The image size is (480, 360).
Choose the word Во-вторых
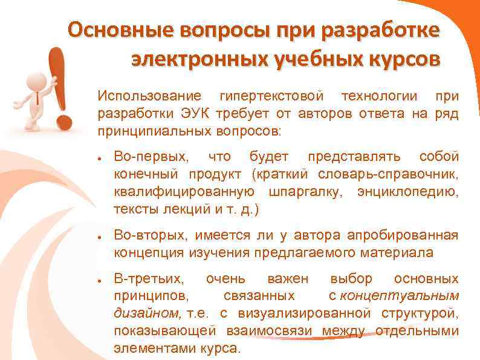(x=151, y=235)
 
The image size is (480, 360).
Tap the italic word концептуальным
(x=400, y=296)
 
